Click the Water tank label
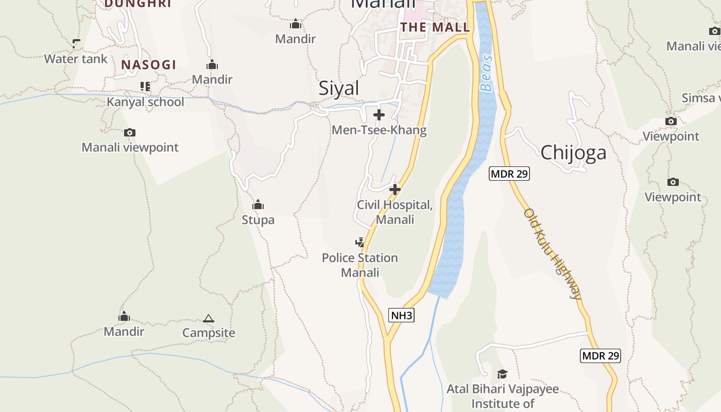pyautogui.click(x=76, y=59)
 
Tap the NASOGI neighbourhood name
pyautogui.click(x=148, y=65)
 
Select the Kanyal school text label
pyautogui.click(x=145, y=102)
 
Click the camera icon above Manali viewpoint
pyautogui.click(x=130, y=133)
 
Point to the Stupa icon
pyautogui.click(x=258, y=205)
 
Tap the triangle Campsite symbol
pyautogui.click(x=209, y=319)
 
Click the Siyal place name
pyautogui.click(x=338, y=88)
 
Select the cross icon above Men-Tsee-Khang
pyautogui.click(x=379, y=115)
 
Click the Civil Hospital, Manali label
pyautogui.click(x=395, y=212)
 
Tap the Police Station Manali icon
pyautogui.click(x=360, y=242)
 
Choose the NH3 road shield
pyautogui.click(x=401, y=315)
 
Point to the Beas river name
pyautogui.click(x=486, y=73)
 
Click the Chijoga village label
pyautogui.click(x=573, y=152)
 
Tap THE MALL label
pyautogui.click(x=435, y=27)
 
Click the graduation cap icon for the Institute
pyautogui.click(x=502, y=374)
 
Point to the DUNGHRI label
pyautogui.click(x=138, y=4)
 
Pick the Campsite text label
pyautogui.click(x=209, y=333)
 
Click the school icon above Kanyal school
pyautogui.click(x=145, y=87)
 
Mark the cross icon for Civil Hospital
pyautogui.click(x=395, y=190)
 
